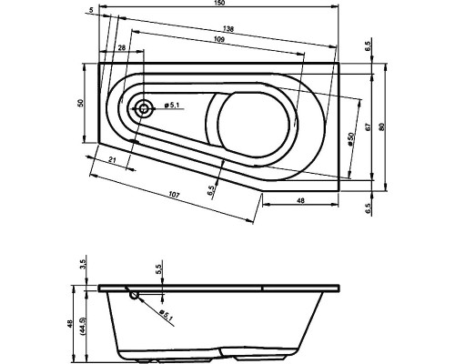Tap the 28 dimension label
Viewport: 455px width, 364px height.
121,49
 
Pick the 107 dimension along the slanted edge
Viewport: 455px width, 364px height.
173,194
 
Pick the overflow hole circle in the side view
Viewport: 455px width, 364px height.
135,294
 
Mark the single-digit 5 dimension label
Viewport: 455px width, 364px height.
93,10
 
